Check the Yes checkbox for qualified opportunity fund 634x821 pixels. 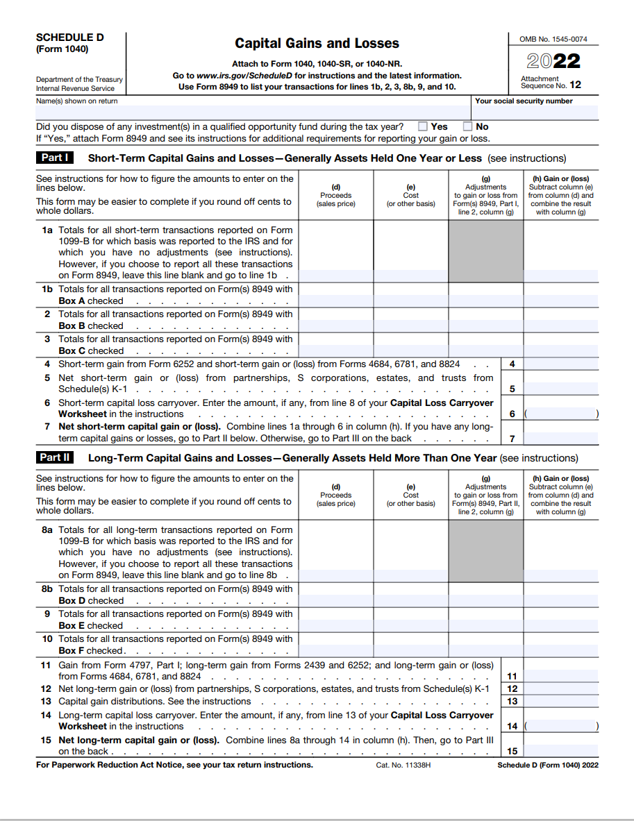click(422, 127)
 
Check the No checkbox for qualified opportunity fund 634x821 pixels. click(467, 127)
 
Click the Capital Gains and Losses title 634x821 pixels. click(317, 44)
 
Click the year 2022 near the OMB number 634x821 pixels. click(553, 62)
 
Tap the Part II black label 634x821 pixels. click(55, 458)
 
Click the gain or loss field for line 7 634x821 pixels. click(560, 438)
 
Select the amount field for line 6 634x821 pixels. click(560, 414)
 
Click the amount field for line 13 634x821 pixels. click(560, 701)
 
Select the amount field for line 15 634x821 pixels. click(560, 750)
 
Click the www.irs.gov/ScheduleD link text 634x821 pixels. click(245, 76)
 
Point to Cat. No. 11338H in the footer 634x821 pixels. click(403, 765)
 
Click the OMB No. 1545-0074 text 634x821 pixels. click(553, 40)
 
